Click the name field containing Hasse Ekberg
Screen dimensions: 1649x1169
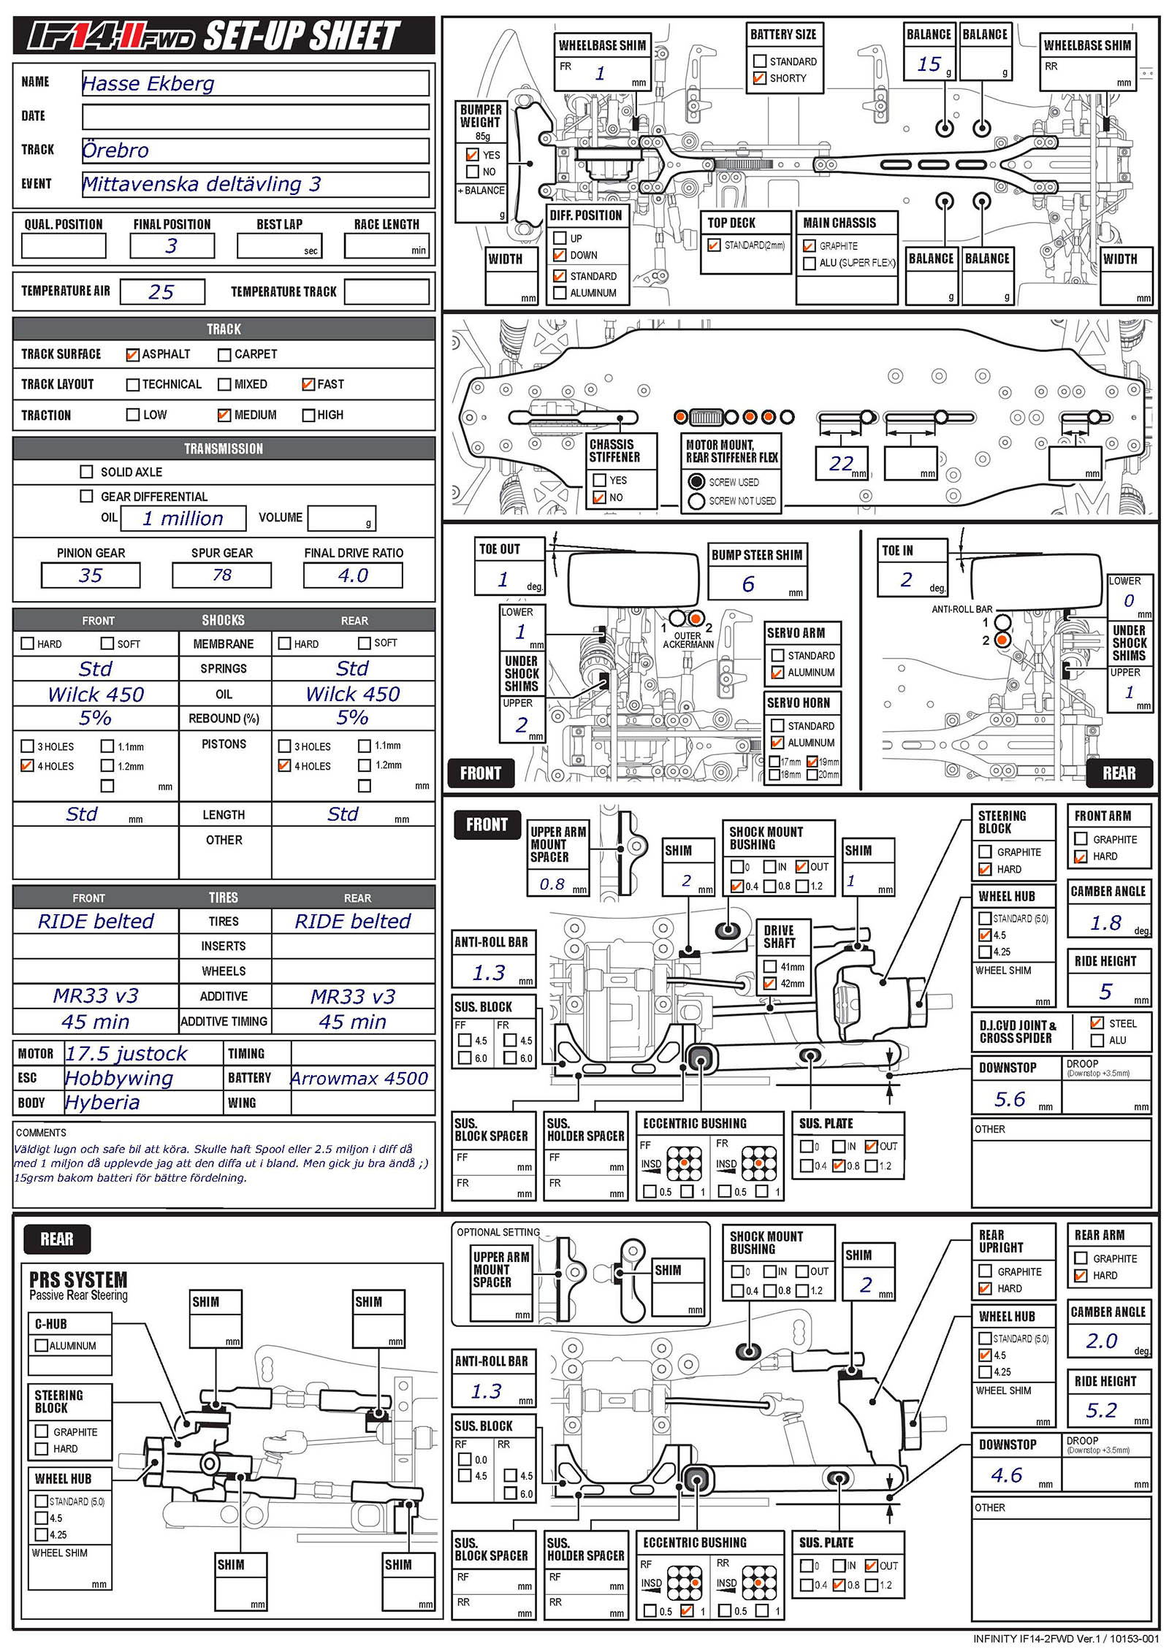pyautogui.click(x=254, y=83)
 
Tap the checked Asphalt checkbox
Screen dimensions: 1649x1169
pyautogui.click(x=132, y=355)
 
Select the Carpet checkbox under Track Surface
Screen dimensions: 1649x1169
pyautogui.click(x=224, y=355)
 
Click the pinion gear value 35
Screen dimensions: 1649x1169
pyautogui.click(x=91, y=575)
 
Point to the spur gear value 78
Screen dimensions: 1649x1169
pyautogui.click(x=221, y=575)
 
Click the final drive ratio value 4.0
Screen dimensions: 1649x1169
pyautogui.click(x=353, y=575)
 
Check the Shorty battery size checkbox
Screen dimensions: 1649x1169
pyautogui.click(x=760, y=78)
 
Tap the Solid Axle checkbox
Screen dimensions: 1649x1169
pyautogui.click(x=86, y=472)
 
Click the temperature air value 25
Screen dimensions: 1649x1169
pyautogui.click(x=161, y=292)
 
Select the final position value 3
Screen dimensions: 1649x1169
pyautogui.click(x=172, y=246)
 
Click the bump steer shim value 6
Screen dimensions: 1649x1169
pyautogui.click(x=748, y=584)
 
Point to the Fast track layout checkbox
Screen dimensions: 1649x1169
pyautogui.click(x=308, y=384)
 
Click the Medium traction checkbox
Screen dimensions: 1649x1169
pyautogui.click(x=224, y=415)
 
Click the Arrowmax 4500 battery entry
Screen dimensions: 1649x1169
pyautogui.click(x=359, y=1078)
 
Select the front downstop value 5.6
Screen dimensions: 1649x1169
pyautogui.click(x=1010, y=1099)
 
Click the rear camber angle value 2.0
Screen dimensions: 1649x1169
pyautogui.click(x=1102, y=1341)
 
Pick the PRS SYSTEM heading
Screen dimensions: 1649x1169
pyautogui.click(x=78, y=1280)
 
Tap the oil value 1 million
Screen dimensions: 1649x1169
pyautogui.click(x=183, y=519)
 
